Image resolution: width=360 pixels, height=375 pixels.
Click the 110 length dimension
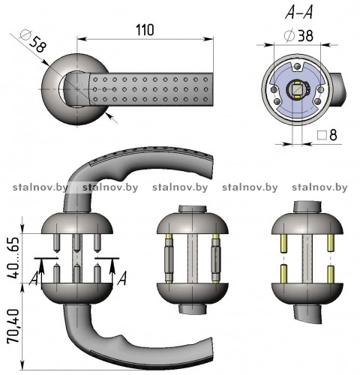[145, 30]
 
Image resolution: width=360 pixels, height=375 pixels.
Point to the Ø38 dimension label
[298, 36]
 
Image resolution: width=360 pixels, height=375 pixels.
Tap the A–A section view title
[299, 12]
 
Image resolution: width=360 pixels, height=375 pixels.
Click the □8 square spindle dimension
[327, 135]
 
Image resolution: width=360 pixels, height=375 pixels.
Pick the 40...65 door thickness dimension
[13, 257]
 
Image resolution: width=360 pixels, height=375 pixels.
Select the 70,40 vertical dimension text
[13, 326]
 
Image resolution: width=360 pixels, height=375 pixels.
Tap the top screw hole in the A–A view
[298, 66]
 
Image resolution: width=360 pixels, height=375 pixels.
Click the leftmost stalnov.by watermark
[40, 187]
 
